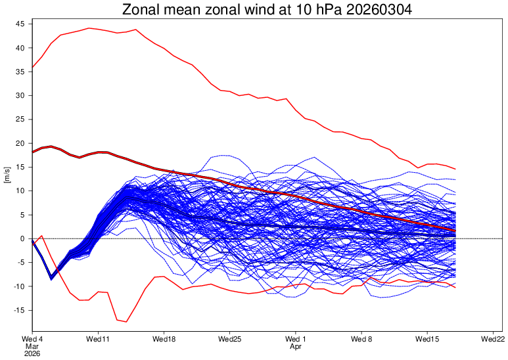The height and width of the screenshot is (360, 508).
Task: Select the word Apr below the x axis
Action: (295, 346)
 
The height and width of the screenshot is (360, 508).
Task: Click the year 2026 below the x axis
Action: (32, 353)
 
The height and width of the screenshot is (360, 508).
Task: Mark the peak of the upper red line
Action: (89, 28)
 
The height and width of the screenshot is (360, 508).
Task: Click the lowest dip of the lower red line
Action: (126, 322)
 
